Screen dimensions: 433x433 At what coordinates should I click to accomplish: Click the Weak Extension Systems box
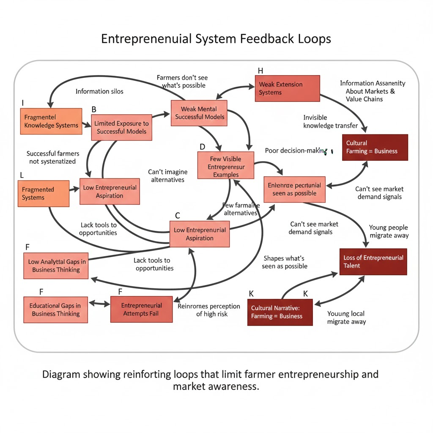pos(287,88)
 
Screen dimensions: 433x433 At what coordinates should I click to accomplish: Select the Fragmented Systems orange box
pos(44,194)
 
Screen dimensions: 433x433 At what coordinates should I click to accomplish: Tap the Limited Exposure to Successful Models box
pos(121,127)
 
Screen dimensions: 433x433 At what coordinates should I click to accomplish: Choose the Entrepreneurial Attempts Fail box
pos(141,310)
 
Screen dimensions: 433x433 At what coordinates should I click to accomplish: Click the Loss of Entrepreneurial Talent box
pos(373,262)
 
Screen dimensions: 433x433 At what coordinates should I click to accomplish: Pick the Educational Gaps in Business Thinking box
pos(55,310)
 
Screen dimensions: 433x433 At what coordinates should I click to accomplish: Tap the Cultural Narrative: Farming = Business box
pos(280,312)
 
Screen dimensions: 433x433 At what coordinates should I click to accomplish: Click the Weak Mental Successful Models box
pos(200,113)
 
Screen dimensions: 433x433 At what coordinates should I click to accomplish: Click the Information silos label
pos(99,91)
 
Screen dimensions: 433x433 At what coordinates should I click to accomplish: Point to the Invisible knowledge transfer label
pos(330,121)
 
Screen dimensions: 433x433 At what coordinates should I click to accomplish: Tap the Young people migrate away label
pos(389,231)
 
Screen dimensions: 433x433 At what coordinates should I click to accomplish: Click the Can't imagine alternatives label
pos(167,176)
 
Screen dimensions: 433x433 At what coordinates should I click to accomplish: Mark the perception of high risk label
pos(209,310)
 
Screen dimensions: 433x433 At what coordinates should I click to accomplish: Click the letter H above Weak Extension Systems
pos(260,71)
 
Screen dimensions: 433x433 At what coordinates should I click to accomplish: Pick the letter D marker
pos(202,147)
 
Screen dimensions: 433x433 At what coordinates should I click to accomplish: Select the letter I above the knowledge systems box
pos(23,103)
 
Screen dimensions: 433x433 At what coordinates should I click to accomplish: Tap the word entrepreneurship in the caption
pos(313,375)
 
